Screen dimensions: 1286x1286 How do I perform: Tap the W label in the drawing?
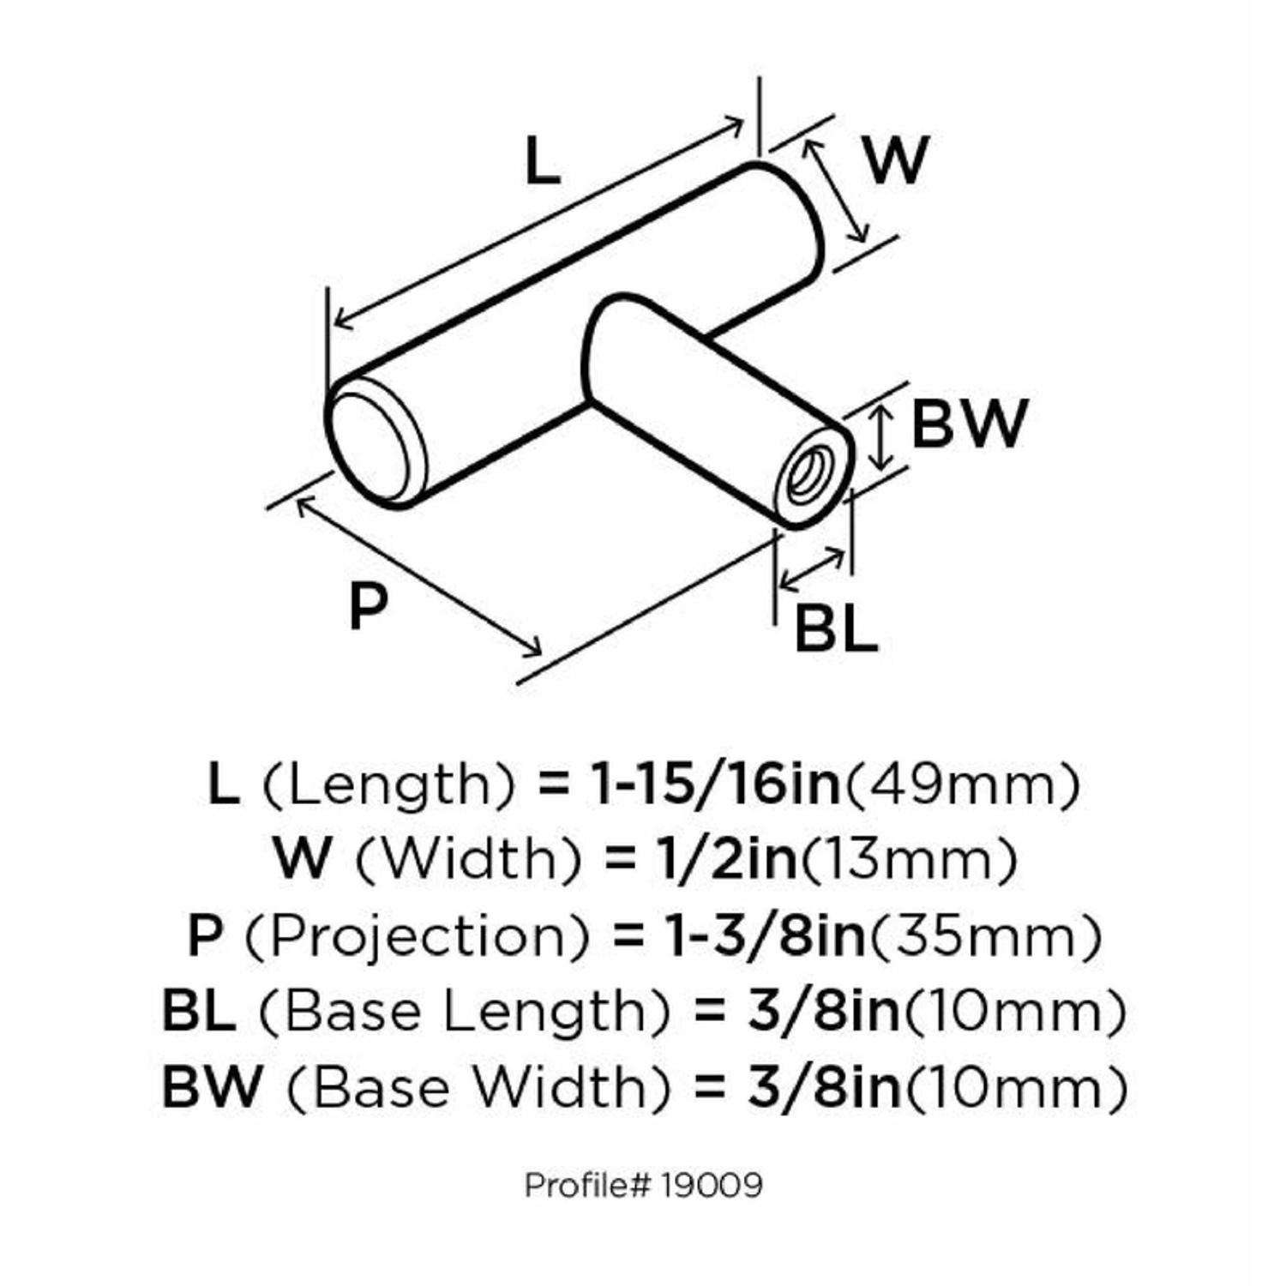(896, 159)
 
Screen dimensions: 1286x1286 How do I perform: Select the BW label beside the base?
(968, 424)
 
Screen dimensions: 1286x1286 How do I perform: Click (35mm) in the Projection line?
(984, 935)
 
